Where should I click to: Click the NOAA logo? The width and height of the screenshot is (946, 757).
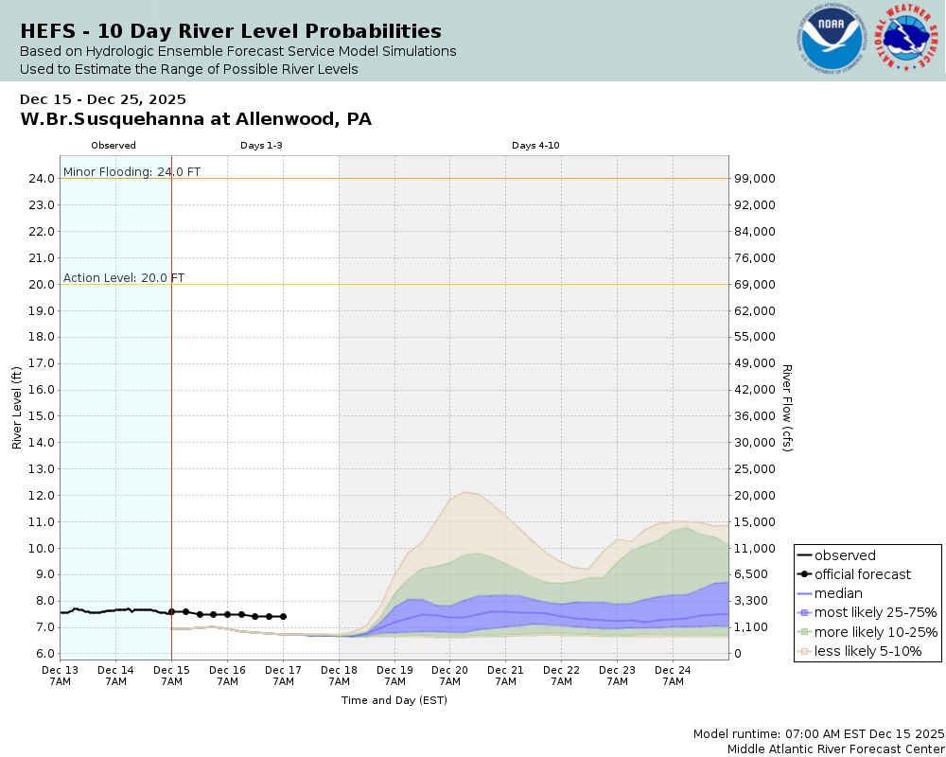point(832,40)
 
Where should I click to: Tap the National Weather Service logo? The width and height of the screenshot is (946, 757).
point(907,40)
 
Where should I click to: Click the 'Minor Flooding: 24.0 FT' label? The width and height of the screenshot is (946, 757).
point(131,172)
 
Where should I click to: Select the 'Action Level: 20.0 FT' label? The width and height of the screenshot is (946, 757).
point(124,278)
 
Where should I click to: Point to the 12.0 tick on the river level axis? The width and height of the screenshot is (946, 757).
point(41,496)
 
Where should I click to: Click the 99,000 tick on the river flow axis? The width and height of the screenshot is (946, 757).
point(757,179)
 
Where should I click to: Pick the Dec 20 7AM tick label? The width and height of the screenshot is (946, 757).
point(449,675)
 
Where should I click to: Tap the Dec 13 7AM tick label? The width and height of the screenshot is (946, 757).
point(60,675)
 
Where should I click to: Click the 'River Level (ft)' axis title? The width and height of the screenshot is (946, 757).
point(17,407)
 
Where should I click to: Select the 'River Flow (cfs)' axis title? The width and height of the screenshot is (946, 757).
point(786,407)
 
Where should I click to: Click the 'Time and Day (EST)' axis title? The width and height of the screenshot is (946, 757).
point(394,700)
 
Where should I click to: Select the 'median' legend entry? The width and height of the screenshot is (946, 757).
point(838,593)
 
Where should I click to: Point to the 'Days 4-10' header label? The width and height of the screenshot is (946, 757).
point(535,146)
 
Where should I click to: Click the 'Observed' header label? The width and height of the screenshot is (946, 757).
point(114,146)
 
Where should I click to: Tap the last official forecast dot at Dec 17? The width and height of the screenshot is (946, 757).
point(283,616)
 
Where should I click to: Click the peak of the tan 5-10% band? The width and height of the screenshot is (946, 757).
point(464,492)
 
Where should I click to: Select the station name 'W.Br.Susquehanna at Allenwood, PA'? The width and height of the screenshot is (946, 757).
point(196,119)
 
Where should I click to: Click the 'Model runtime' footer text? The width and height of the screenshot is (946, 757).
point(818,734)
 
